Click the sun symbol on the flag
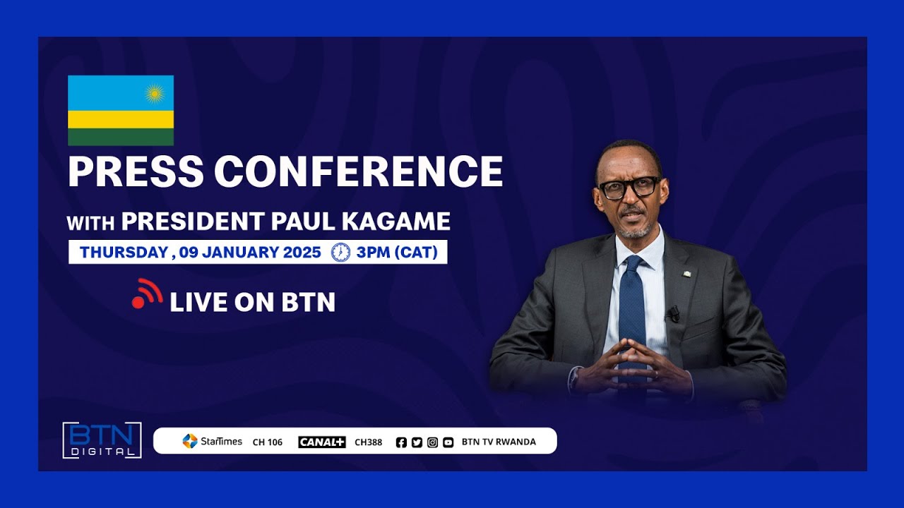click(155, 93)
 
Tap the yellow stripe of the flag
click(121, 119)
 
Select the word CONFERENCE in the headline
click(359, 171)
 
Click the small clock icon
click(340, 253)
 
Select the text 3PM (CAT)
click(398, 253)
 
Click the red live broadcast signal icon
click(147, 294)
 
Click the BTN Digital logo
click(102, 440)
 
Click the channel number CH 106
click(268, 442)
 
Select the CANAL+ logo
click(321, 442)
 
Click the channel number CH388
click(368, 442)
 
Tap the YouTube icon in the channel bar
click(448, 442)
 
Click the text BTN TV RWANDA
click(499, 442)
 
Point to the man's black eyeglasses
click(628, 188)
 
